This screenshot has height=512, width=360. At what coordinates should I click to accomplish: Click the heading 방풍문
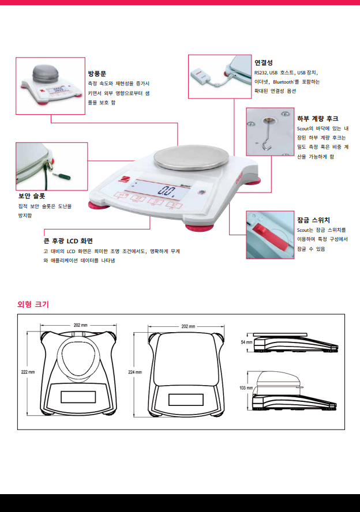tap(97, 73)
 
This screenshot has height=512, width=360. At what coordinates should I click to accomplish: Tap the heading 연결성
tap(264, 63)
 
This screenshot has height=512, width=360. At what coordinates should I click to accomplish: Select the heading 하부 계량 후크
tap(317, 119)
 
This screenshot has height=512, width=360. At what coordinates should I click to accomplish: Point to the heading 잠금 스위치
tap(313, 220)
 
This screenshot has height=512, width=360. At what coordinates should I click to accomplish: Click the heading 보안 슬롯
tap(32, 196)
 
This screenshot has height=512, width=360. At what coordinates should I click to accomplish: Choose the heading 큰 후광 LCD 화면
tap(68, 241)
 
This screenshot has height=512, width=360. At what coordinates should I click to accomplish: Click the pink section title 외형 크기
tap(33, 304)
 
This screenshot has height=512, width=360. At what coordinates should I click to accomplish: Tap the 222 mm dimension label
tap(28, 372)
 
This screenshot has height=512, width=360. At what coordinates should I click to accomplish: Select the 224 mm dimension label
tap(135, 372)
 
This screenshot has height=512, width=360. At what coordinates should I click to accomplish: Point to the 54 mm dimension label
tap(247, 342)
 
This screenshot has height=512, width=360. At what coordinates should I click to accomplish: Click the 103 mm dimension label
tap(246, 388)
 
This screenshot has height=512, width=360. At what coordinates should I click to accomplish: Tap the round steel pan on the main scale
tap(186, 157)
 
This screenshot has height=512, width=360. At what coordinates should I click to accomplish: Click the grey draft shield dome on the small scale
tap(46, 75)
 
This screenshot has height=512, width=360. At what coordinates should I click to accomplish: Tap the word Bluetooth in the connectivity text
tap(283, 82)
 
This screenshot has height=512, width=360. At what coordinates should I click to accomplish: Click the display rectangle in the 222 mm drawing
tap(78, 397)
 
